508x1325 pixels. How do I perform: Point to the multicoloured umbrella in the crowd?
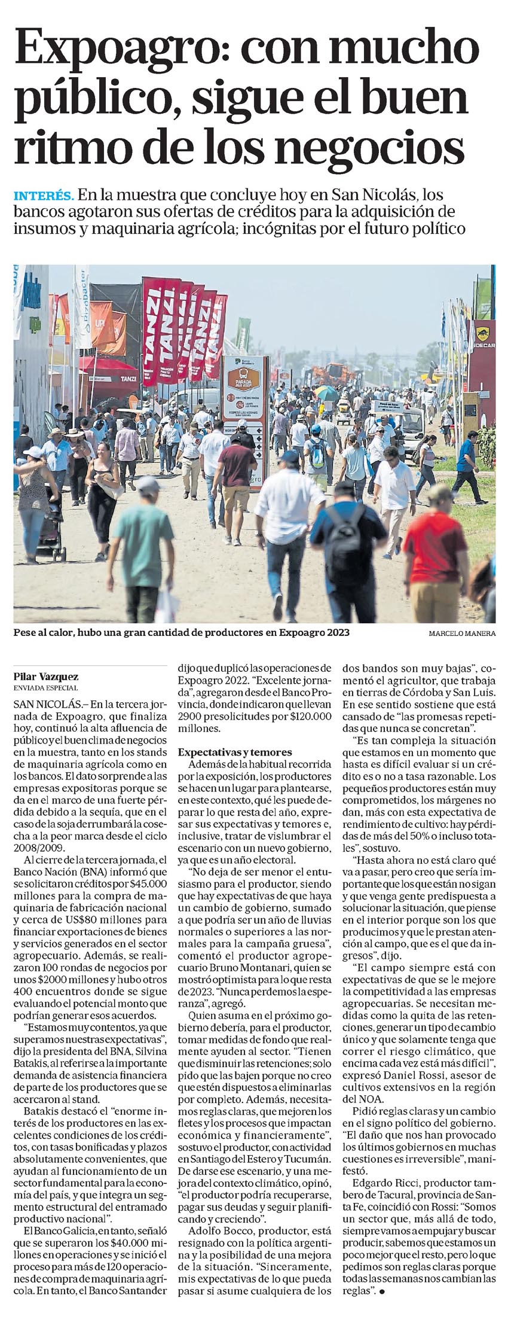(x=326, y=392)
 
